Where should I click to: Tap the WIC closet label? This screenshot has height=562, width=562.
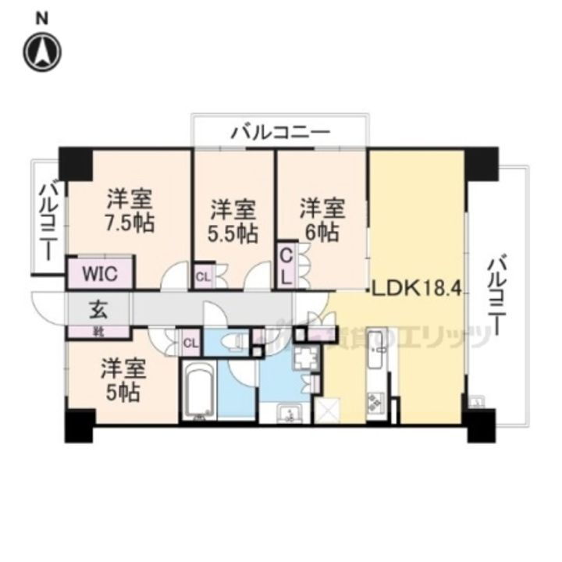click(102, 275)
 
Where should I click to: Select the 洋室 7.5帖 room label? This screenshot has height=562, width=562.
click(130, 211)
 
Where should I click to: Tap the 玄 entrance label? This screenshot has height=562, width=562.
click(98, 308)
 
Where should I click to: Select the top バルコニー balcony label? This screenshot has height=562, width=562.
click(279, 133)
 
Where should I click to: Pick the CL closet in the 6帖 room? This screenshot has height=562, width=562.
click(286, 265)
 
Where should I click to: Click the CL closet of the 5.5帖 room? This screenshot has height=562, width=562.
click(203, 276)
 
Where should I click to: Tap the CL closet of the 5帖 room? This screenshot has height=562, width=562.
click(190, 341)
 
